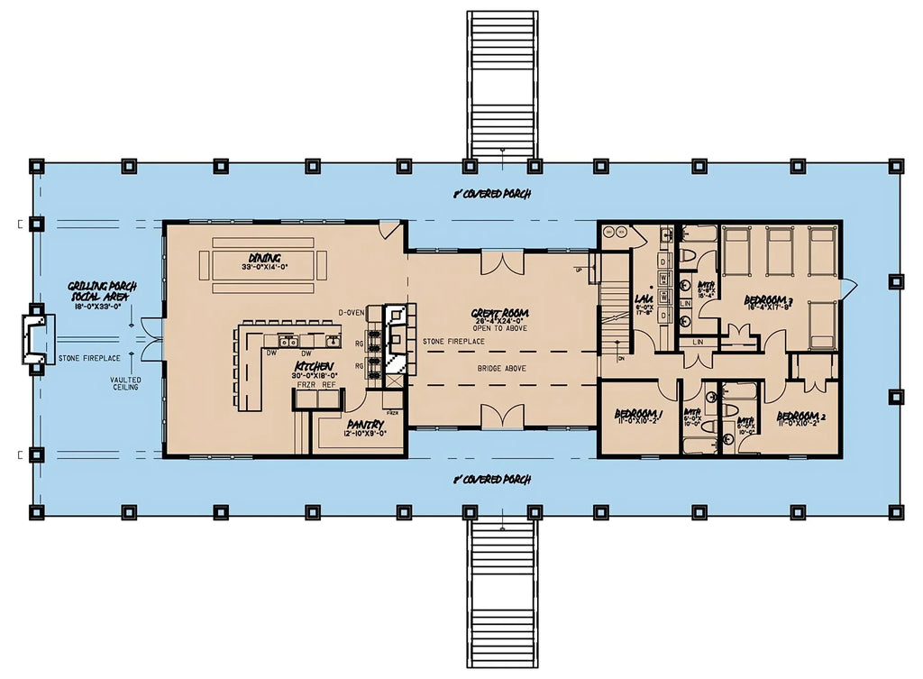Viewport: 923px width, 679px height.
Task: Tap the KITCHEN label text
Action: tap(315, 367)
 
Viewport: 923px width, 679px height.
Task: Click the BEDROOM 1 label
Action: tap(638, 414)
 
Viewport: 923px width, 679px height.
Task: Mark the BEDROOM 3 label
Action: tap(768, 299)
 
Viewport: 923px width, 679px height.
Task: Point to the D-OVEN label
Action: tap(352, 312)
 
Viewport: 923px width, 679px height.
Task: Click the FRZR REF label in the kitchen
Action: tap(316, 384)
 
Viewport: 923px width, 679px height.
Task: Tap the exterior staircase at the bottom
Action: tap(502, 595)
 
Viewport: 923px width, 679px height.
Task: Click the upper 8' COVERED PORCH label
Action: tap(492, 194)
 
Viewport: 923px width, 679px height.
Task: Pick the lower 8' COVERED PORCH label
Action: tap(492, 480)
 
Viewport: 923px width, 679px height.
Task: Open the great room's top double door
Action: tap(502, 263)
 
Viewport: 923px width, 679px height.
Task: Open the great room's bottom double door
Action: tap(502, 417)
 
